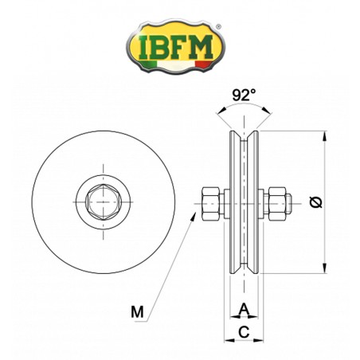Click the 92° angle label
coord(243,93)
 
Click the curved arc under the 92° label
coord(243,112)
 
